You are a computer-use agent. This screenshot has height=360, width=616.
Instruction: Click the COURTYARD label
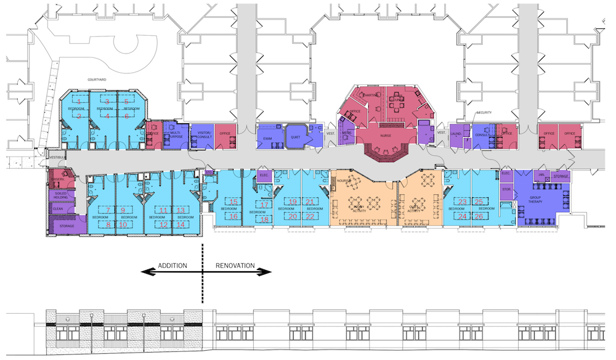[97, 80]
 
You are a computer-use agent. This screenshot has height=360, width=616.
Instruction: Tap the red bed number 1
[79, 101]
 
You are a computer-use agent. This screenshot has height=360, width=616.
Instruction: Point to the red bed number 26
[479, 216]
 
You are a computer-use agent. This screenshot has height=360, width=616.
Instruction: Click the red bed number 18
[264, 219]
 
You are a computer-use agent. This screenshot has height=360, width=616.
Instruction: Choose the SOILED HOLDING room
[60, 195]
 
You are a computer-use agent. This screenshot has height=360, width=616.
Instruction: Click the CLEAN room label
[58, 210]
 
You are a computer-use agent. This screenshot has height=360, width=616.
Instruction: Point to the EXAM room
[267, 139]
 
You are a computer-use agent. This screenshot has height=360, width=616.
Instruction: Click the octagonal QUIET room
[295, 137]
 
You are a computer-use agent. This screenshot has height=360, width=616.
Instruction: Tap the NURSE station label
[386, 134]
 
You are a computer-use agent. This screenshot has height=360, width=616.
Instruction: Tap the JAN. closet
[541, 175]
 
